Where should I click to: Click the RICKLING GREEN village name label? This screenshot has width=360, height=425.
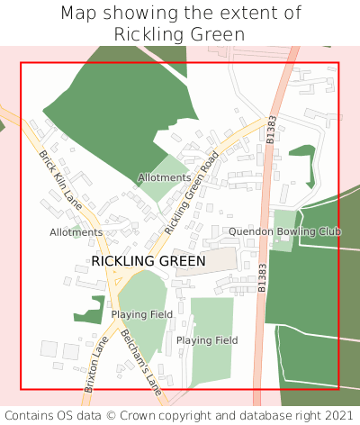pyautogui.click(x=148, y=261)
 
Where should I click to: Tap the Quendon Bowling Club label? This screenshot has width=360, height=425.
pyautogui.click(x=284, y=231)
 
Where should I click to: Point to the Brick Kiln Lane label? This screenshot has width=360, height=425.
pyautogui.click(x=60, y=181)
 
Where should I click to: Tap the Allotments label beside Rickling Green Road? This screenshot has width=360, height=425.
pyautogui.click(x=164, y=177)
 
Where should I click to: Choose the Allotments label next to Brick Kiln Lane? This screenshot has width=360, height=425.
pyautogui.click(x=76, y=232)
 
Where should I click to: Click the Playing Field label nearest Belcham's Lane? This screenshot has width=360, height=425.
pyautogui.click(x=141, y=314)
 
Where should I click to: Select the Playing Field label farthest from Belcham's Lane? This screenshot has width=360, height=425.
pyautogui.click(x=207, y=340)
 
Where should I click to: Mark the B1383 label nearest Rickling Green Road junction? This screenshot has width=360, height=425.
pyautogui.click(x=271, y=131)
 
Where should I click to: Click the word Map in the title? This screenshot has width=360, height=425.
pyautogui.click(x=79, y=14)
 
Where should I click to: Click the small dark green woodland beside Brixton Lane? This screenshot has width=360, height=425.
pyautogui.click(x=90, y=310)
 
